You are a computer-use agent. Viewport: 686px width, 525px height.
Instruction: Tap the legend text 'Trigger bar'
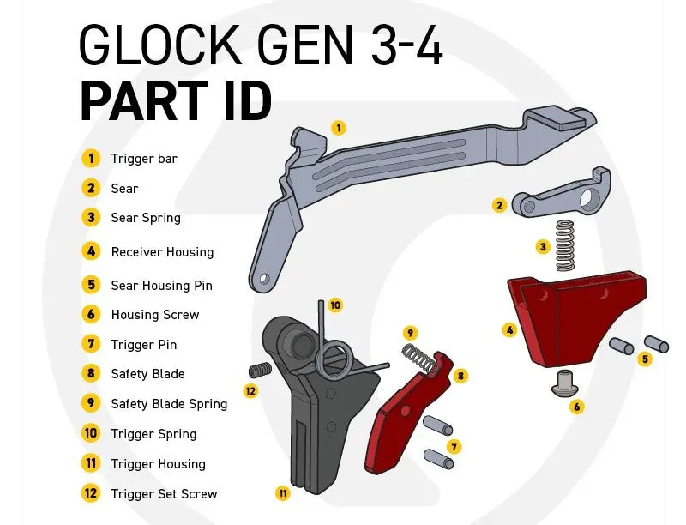[144, 159]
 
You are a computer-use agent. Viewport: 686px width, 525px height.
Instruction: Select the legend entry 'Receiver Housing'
[162, 252]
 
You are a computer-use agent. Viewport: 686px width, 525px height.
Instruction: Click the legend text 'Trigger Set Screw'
[164, 494]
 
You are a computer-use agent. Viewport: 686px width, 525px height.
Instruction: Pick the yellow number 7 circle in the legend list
[92, 345]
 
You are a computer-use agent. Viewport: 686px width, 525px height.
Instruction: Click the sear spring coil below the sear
[564, 245]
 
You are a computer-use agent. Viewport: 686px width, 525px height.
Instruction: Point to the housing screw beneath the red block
[563, 383]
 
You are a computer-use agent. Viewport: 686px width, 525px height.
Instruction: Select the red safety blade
[403, 420]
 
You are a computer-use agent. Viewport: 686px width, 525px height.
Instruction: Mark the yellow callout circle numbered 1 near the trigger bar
[339, 128]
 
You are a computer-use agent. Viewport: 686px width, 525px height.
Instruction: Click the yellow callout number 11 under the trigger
[283, 493]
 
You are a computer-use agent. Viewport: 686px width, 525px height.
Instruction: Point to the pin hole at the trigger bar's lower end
[264, 278]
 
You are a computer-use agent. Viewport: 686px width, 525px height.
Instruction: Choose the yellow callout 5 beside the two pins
[645, 359]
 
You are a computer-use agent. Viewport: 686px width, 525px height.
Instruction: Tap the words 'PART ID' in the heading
[176, 101]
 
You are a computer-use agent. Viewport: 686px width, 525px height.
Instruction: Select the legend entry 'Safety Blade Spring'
[169, 404]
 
